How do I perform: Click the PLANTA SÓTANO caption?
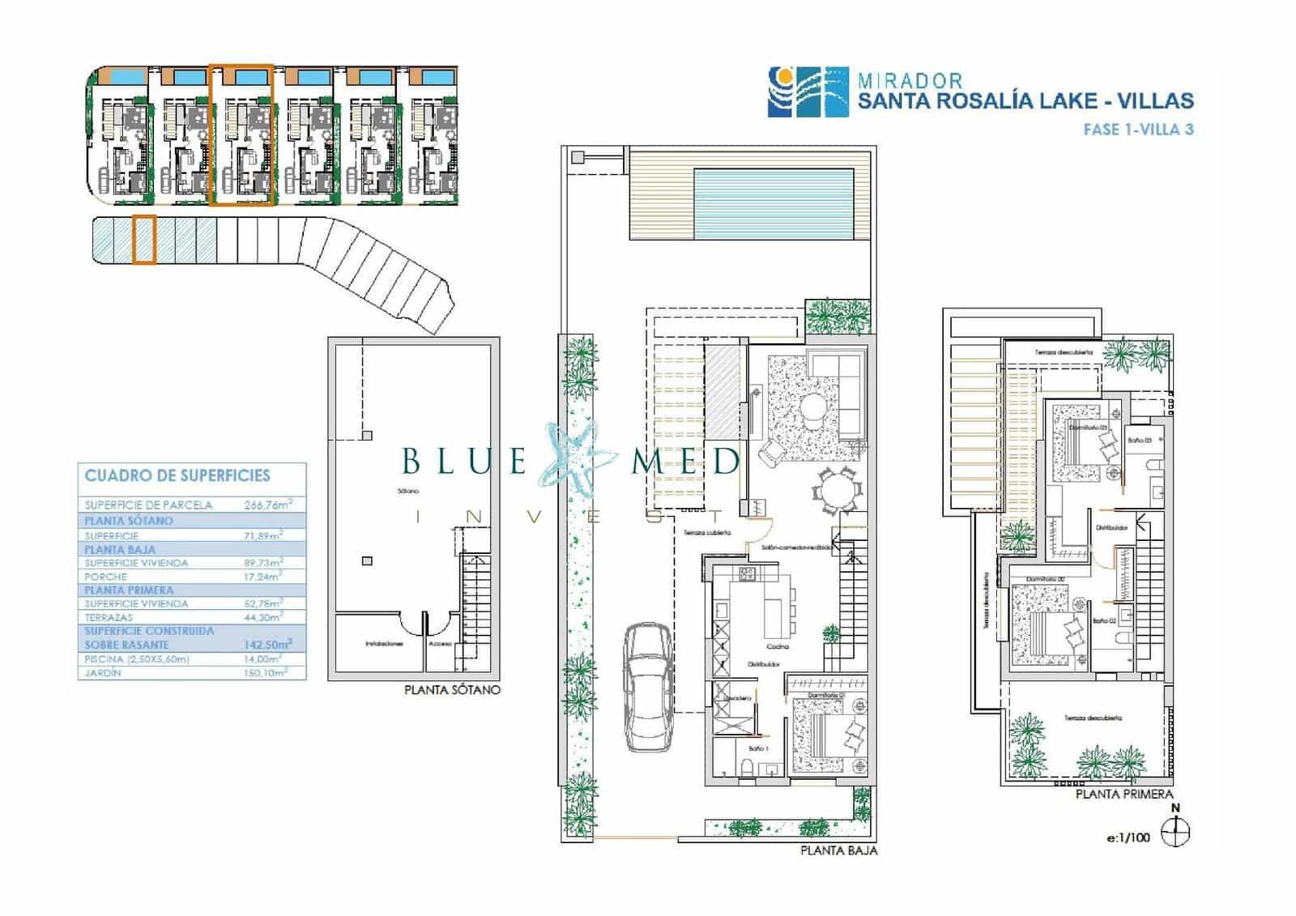452,690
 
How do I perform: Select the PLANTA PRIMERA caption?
1124,795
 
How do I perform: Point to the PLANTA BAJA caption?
838,850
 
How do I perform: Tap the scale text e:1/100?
1128,837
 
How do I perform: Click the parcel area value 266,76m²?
267,505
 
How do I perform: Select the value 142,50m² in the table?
267,645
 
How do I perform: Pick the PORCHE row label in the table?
106,577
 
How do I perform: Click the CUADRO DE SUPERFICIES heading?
177,476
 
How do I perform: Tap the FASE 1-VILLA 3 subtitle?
1138,130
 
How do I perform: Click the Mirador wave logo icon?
808,92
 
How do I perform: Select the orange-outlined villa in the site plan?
241,135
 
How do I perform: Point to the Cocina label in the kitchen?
777,646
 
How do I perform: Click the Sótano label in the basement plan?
407,491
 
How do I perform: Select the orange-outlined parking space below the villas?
143,239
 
